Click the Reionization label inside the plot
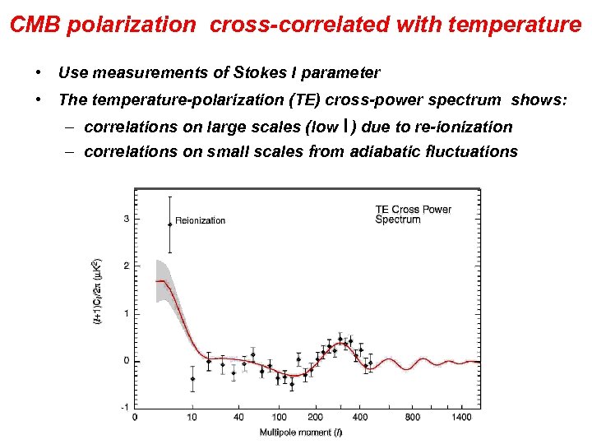pos(200,220)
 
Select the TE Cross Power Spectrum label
pos(413,215)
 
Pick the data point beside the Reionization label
pos(169,224)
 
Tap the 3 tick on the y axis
pos(126,219)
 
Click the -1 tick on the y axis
pos(124,408)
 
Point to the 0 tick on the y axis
pos(126,361)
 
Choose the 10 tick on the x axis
pos(192,418)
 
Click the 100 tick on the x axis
pos(280,418)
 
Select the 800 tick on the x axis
pos(412,418)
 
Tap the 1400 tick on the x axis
pos(461,418)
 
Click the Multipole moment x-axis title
pos(297,432)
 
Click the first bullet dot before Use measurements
pos(39,73)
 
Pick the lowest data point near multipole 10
pos(192,379)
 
